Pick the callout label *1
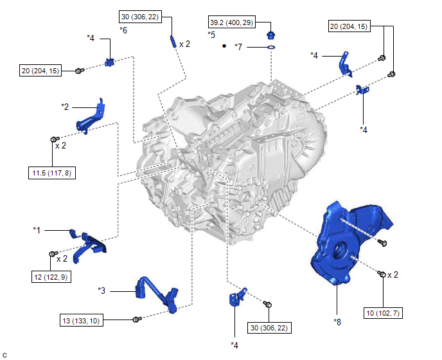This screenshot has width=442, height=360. [x=37, y=230]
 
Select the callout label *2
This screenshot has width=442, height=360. [x=66, y=105]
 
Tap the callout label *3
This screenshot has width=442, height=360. [x=102, y=291]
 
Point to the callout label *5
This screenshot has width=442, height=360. [x=211, y=33]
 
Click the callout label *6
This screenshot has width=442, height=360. [x=124, y=30]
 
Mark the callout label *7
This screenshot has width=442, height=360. [x=238, y=47]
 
